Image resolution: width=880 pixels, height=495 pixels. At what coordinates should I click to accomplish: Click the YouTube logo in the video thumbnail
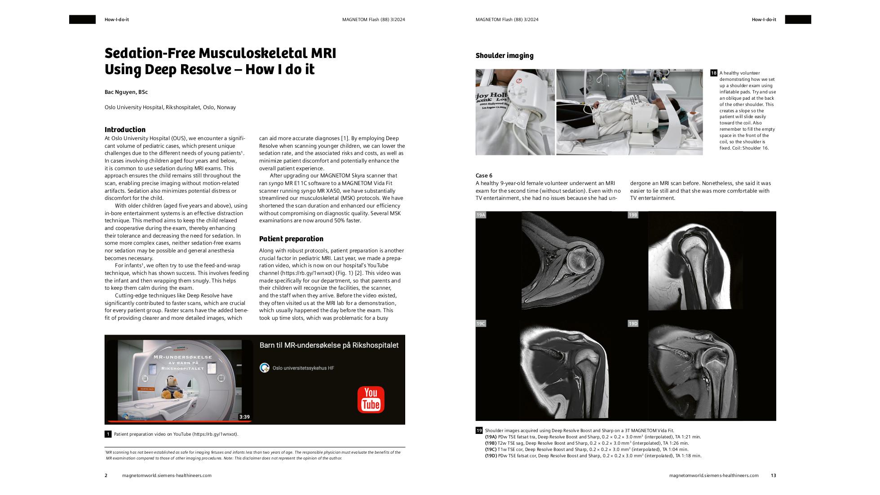[371, 399]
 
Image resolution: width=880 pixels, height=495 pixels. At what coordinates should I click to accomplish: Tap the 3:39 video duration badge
[244, 417]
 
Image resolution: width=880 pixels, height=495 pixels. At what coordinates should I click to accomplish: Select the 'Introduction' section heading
[125, 129]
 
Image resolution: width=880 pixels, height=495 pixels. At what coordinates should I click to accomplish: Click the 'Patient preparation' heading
[291, 239]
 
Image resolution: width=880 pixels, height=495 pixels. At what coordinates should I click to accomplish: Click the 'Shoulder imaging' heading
[504, 56]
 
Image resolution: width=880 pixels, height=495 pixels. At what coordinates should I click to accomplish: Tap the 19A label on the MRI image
[481, 215]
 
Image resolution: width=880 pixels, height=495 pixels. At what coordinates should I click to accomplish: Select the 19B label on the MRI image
[632, 215]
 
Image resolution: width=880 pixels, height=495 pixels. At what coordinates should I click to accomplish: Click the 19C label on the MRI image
[481, 323]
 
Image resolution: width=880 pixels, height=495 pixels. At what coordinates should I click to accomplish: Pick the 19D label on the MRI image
[632, 323]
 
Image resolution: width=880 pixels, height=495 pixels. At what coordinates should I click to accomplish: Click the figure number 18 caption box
[714, 73]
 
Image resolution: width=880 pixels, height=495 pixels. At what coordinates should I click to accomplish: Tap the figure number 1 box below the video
[108, 434]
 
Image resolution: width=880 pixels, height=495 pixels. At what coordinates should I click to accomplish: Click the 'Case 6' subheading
[484, 176]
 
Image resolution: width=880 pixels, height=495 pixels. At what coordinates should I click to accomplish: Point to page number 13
[773, 475]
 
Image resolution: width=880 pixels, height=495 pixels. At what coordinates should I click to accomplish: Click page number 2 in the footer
[106, 475]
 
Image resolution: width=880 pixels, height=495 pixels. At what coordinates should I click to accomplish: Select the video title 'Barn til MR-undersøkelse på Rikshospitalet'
[329, 345]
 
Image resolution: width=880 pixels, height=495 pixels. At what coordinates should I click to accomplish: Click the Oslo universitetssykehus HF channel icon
[265, 368]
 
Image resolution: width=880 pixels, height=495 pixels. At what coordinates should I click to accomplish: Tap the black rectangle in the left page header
[82, 19]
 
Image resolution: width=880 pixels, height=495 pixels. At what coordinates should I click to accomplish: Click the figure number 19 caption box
[479, 430]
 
